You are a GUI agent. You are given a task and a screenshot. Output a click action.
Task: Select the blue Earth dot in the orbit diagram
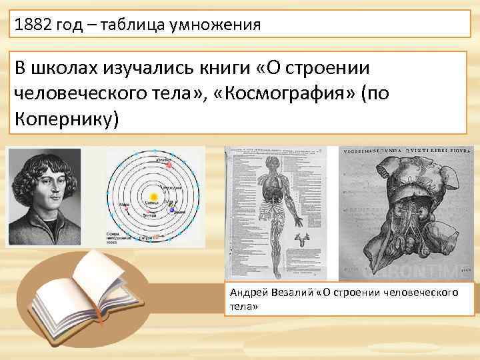pyautogui.click(x=173, y=211)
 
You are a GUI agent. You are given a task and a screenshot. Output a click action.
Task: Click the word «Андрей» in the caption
pyautogui.click(x=247, y=293)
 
